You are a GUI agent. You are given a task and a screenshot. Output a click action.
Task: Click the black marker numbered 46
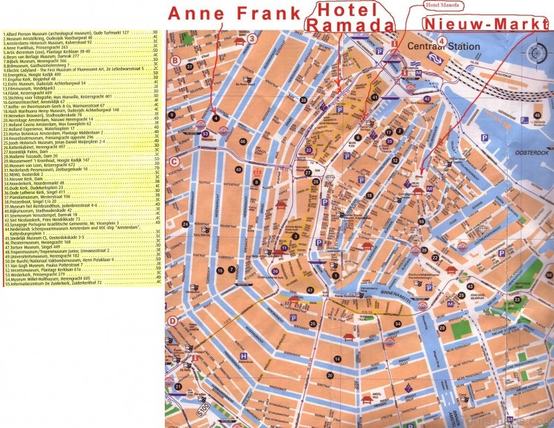tap(243, 142)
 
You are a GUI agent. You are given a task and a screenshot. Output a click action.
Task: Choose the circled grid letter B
tap(176, 61)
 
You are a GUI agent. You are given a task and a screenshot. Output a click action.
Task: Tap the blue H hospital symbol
tap(243, 357)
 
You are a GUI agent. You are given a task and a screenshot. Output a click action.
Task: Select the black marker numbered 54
tap(398, 323)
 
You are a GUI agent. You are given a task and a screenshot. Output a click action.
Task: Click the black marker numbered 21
tap(178, 386)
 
